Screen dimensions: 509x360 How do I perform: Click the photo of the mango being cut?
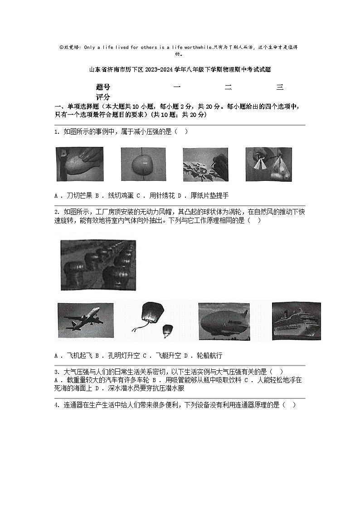79,164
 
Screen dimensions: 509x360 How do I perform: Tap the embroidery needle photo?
205,164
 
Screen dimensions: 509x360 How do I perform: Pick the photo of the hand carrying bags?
269,164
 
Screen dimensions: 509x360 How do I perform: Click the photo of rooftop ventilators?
98,265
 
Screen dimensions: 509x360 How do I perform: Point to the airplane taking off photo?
86,320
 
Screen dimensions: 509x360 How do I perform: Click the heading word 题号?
103,87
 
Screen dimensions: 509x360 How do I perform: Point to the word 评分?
103,97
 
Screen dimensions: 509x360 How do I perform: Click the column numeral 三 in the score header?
280,87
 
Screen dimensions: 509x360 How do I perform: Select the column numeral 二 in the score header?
228,87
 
